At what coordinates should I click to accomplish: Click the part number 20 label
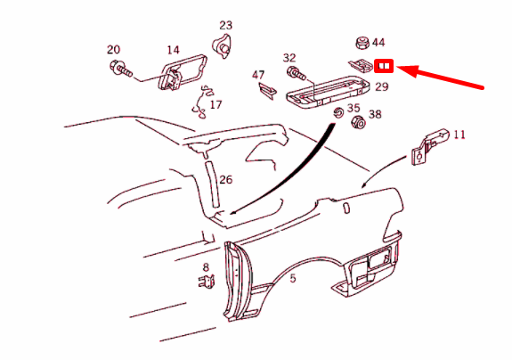click(x=113, y=49)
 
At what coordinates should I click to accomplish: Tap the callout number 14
click(x=173, y=50)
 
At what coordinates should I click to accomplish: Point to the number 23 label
click(x=225, y=25)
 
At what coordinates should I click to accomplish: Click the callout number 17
click(x=215, y=104)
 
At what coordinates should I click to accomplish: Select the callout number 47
click(x=258, y=74)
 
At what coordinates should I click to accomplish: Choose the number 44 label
click(x=378, y=42)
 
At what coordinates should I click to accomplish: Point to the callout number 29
click(x=381, y=86)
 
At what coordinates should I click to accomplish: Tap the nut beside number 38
click(x=358, y=123)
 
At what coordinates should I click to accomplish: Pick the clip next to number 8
click(x=206, y=283)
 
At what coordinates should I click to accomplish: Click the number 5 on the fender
click(x=292, y=277)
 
